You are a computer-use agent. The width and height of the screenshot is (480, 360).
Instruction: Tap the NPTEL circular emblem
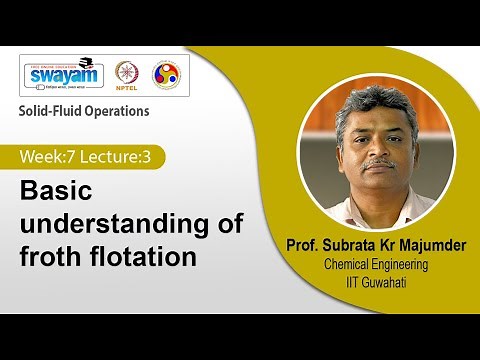pos(127,76)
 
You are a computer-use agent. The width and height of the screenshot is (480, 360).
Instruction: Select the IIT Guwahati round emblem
pos(165,76)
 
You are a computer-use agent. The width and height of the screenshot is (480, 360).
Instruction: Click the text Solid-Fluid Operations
pos(85,110)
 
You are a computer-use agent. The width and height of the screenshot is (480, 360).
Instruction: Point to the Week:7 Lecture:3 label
pos(91,157)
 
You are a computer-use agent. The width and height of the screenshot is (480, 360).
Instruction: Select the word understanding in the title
pos(122,224)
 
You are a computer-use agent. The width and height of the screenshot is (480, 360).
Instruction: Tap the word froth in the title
pos(53,256)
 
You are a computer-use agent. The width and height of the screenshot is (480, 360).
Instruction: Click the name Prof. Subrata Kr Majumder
pos(375,246)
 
